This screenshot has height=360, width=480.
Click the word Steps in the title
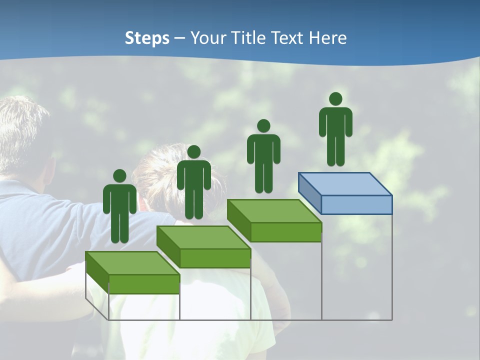147,38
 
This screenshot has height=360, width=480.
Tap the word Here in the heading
327,38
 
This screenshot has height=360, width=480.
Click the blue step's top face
345,183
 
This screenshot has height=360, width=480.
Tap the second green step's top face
203,237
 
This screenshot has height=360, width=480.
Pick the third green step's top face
274,210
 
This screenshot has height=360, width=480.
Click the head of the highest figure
335,99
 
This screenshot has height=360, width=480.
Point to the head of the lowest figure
119,176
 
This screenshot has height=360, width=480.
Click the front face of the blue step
356,205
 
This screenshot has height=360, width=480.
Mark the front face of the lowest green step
144,284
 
